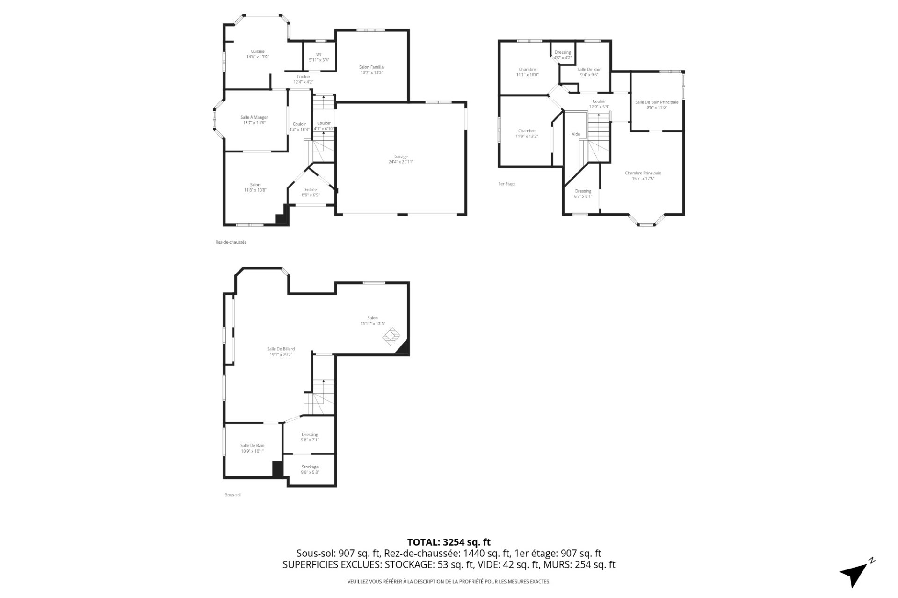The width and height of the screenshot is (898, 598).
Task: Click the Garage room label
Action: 401,159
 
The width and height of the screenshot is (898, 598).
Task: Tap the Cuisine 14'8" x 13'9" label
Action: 257,54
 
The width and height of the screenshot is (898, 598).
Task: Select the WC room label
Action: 319,57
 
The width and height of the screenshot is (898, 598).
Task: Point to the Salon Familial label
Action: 372,70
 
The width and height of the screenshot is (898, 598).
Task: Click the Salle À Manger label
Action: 254,120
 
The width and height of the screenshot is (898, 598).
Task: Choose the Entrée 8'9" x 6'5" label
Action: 311,192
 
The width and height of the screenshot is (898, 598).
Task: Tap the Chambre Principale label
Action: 643,175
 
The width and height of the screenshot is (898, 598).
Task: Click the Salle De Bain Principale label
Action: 657,105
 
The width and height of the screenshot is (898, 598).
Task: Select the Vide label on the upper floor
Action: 576,134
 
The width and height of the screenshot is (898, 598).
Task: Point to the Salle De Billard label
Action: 281,352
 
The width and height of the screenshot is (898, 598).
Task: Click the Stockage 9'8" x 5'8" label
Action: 310,469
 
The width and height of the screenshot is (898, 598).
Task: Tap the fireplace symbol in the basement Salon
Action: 392,336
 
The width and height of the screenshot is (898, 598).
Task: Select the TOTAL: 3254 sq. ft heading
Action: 449,542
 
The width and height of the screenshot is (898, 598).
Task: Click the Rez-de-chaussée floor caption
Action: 231,242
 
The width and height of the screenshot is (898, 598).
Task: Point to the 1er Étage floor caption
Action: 507,184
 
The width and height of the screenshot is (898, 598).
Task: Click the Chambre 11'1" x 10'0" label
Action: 527,72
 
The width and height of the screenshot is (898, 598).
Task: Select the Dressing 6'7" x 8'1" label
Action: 583,194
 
